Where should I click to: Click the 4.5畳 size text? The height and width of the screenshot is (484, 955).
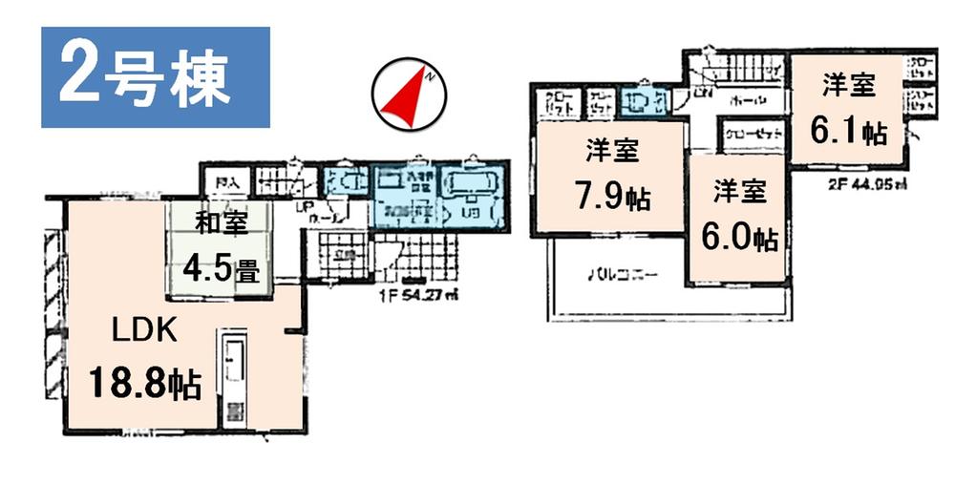(220, 269)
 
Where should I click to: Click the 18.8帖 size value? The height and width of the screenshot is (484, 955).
(144, 384)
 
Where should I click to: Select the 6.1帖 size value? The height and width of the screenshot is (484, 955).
(847, 130)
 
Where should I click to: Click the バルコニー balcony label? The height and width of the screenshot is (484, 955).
(621, 274)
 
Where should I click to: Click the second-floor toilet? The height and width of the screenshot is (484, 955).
(637, 100)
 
